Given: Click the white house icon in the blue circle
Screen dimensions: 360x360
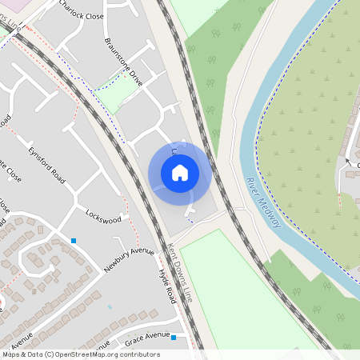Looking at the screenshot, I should [180, 173].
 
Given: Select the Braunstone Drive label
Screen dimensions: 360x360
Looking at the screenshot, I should [125, 61].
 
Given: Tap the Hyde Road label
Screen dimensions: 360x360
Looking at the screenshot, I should [166, 286].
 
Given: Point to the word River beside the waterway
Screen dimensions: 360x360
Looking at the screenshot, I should [254, 190].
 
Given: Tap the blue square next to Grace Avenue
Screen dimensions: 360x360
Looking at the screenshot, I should [174, 338].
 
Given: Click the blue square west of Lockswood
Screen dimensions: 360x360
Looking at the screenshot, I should [74, 240].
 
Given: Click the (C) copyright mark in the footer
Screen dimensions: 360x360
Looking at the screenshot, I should [49, 354].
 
